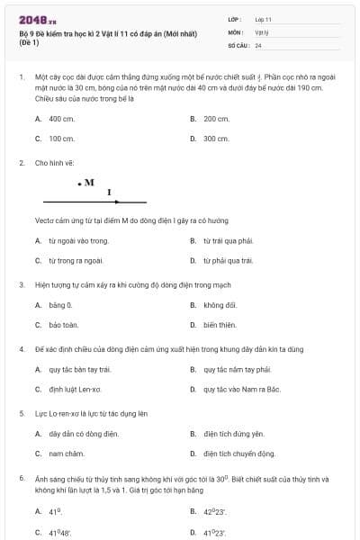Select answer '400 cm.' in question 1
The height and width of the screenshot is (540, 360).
(x=61, y=119)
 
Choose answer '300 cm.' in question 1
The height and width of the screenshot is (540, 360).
(x=216, y=139)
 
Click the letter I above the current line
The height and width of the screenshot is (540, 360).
(x=109, y=192)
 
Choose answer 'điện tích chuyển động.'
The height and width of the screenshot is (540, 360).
(x=238, y=454)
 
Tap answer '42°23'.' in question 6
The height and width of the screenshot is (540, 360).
(x=215, y=511)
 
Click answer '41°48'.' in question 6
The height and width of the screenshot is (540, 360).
(x=59, y=532)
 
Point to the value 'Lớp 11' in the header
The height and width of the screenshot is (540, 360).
(x=263, y=19)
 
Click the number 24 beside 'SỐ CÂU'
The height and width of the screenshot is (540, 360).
(x=258, y=45)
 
